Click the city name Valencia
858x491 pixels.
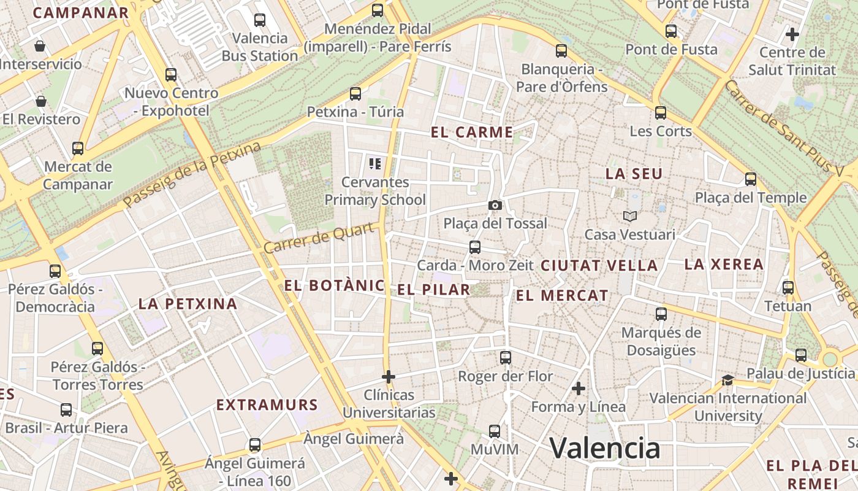(x=604, y=448)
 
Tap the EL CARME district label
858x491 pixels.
(x=472, y=132)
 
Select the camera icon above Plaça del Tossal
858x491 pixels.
(x=495, y=206)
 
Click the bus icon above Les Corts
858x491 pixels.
(x=661, y=113)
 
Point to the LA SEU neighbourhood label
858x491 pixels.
(x=634, y=174)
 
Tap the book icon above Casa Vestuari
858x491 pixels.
(x=630, y=216)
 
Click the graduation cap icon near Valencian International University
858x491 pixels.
(x=727, y=381)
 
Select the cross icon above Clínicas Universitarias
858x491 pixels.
(x=389, y=376)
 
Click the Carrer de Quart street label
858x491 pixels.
(x=319, y=239)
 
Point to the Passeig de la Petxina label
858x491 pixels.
(x=192, y=175)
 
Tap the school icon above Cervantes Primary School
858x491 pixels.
(x=375, y=164)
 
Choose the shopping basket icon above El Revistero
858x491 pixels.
(x=41, y=101)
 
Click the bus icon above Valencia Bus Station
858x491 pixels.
(x=260, y=20)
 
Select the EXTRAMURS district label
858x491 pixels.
(x=267, y=405)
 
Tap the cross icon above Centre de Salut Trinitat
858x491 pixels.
(x=792, y=34)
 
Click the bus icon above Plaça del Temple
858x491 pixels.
(x=751, y=179)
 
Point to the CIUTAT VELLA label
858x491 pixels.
(x=599, y=266)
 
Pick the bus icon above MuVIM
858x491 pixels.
(x=495, y=431)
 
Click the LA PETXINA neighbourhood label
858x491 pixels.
(x=188, y=304)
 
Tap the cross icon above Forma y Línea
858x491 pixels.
(x=579, y=389)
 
